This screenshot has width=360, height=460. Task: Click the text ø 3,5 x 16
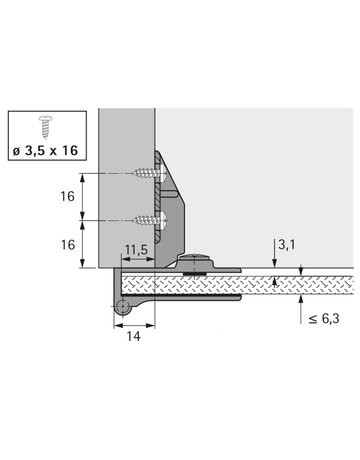click(x=46, y=152)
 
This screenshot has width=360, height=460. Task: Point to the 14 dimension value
click(x=133, y=337)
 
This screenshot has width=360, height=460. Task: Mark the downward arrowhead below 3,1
click(x=276, y=262)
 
